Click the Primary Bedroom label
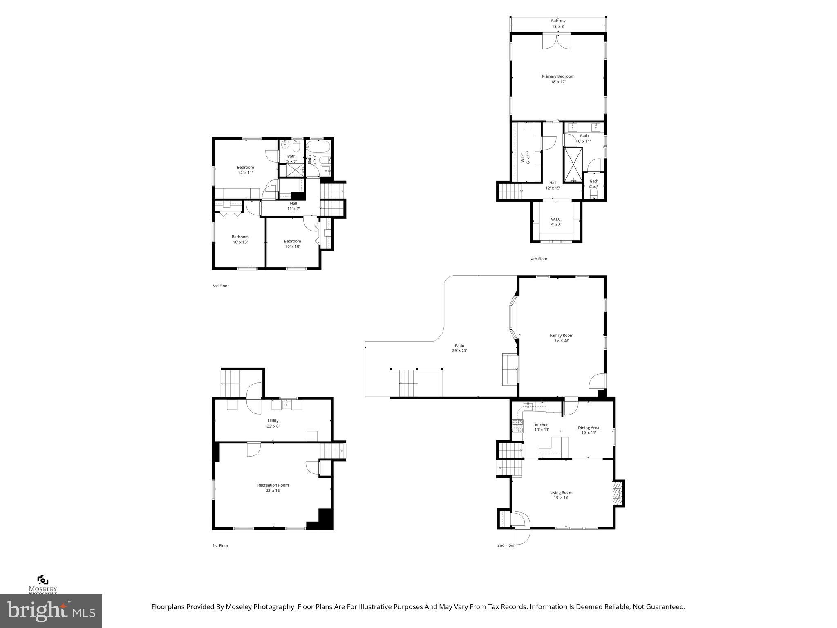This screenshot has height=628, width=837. [x=558, y=79]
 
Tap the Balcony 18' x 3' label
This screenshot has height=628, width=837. [x=558, y=24]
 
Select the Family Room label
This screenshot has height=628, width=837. [x=562, y=338]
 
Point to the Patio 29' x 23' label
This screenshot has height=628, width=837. [x=459, y=348]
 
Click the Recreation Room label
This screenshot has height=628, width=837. [x=273, y=488]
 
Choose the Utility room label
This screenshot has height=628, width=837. [x=273, y=423]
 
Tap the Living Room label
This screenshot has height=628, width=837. [x=561, y=495]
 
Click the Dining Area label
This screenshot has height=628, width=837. [x=588, y=430]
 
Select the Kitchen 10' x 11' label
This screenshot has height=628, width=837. [x=542, y=427]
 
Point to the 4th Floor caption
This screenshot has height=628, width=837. [x=539, y=259]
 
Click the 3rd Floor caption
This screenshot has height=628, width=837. [x=220, y=286]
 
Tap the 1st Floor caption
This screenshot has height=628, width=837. [x=220, y=545]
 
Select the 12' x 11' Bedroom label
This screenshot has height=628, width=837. [x=246, y=170]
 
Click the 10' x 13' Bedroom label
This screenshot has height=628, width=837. [x=240, y=239]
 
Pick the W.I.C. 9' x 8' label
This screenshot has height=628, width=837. [x=556, y=222]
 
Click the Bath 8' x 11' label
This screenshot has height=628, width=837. [x=584, y=138]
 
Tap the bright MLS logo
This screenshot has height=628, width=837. [x=51, y=611]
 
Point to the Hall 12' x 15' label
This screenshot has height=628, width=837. [x=553, y=185]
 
